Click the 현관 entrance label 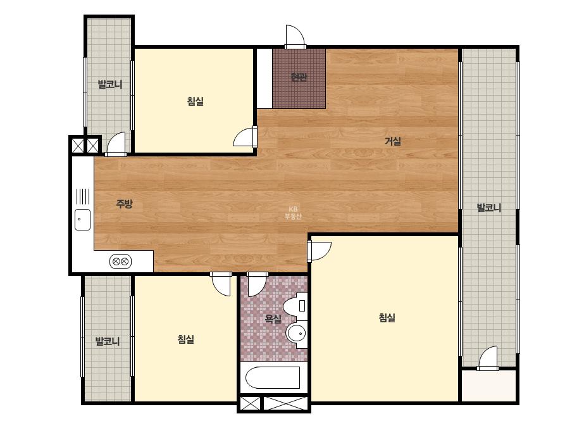(x=299, y=77)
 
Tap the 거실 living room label (x=392, y=141)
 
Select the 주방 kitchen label (x=124, y=204)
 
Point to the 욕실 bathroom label (x=273, y=318)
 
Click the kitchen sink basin (x=82, y=220)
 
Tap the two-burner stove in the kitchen (x=120, y=261)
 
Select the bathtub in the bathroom (x=273, y=377)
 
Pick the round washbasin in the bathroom (x=297, y=332)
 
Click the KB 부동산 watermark (x=293, y=213)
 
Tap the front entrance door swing (x=295, y=37)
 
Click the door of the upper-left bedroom (x=245, y=137)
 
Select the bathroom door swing (x=257, y=284)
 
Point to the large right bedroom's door (x=319, y=251)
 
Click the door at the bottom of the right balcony (x=488, y=358)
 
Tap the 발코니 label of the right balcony (x=489, y=208)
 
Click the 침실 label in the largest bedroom (x=387, y=318)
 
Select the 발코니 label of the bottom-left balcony (x=108, y=341)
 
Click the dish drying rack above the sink (x=83, y=196)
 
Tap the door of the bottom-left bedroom (x=221, y=284)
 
